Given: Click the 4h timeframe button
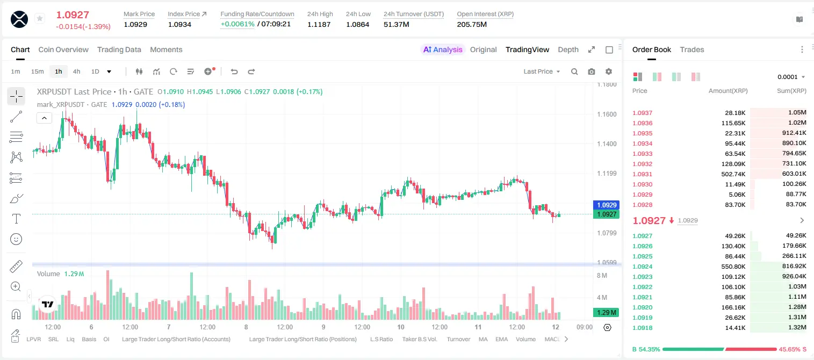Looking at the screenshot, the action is [x=76, y=71].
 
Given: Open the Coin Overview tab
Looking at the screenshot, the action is [x=63, y=49].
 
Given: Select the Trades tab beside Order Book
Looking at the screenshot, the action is [x=692, y=49].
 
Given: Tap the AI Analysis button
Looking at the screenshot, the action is [x=443, y=49].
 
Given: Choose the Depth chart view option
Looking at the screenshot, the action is [x=568, y=49].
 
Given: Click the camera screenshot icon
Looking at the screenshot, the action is [x=592, y=71].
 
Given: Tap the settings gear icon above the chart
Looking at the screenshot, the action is [x=609, y=71].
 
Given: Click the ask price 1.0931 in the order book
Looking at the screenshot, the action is [x=642, y=174].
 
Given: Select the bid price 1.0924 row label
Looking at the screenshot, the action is [x=642, y=267].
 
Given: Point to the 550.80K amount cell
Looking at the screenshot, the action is [x=733, y=267].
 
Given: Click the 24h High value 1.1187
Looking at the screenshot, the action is [x=319, y=24].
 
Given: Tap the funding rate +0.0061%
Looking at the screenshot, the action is [x=237, y=24].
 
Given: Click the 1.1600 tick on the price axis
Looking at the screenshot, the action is [x=607, y=114].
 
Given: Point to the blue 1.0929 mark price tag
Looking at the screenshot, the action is [x=606, y=205].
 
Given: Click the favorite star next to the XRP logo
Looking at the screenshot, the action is [x=40, y=18].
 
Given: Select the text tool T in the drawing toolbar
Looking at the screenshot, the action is [x=16, y=219].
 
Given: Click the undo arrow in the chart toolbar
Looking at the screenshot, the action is [x=234, y=71].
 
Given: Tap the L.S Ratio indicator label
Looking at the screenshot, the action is [x=381, y=339].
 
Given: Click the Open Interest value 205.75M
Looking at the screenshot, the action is [x=472, y=24].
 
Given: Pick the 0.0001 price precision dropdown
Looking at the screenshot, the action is [x=791, y=77].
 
